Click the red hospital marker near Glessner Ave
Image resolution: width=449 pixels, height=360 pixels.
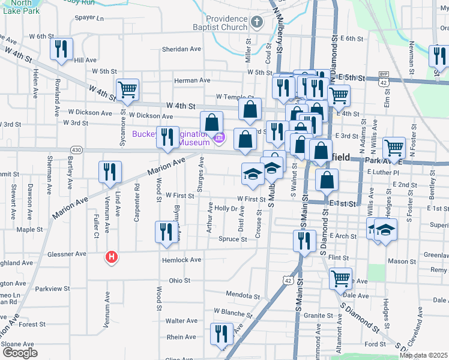[111, 257]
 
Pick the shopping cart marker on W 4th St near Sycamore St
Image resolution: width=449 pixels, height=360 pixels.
[128, 90]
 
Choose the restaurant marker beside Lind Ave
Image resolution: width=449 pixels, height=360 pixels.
[110, 172]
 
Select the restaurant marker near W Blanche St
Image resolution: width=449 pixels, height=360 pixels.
[221, 333]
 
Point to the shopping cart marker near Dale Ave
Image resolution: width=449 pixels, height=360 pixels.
[340, 278]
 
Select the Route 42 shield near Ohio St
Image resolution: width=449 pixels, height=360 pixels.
[289, 281]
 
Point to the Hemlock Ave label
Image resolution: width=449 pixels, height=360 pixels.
[181, 260]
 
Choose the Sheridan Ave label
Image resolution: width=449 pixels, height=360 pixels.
[181, 49]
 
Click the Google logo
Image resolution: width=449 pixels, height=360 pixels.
[20, 353]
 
